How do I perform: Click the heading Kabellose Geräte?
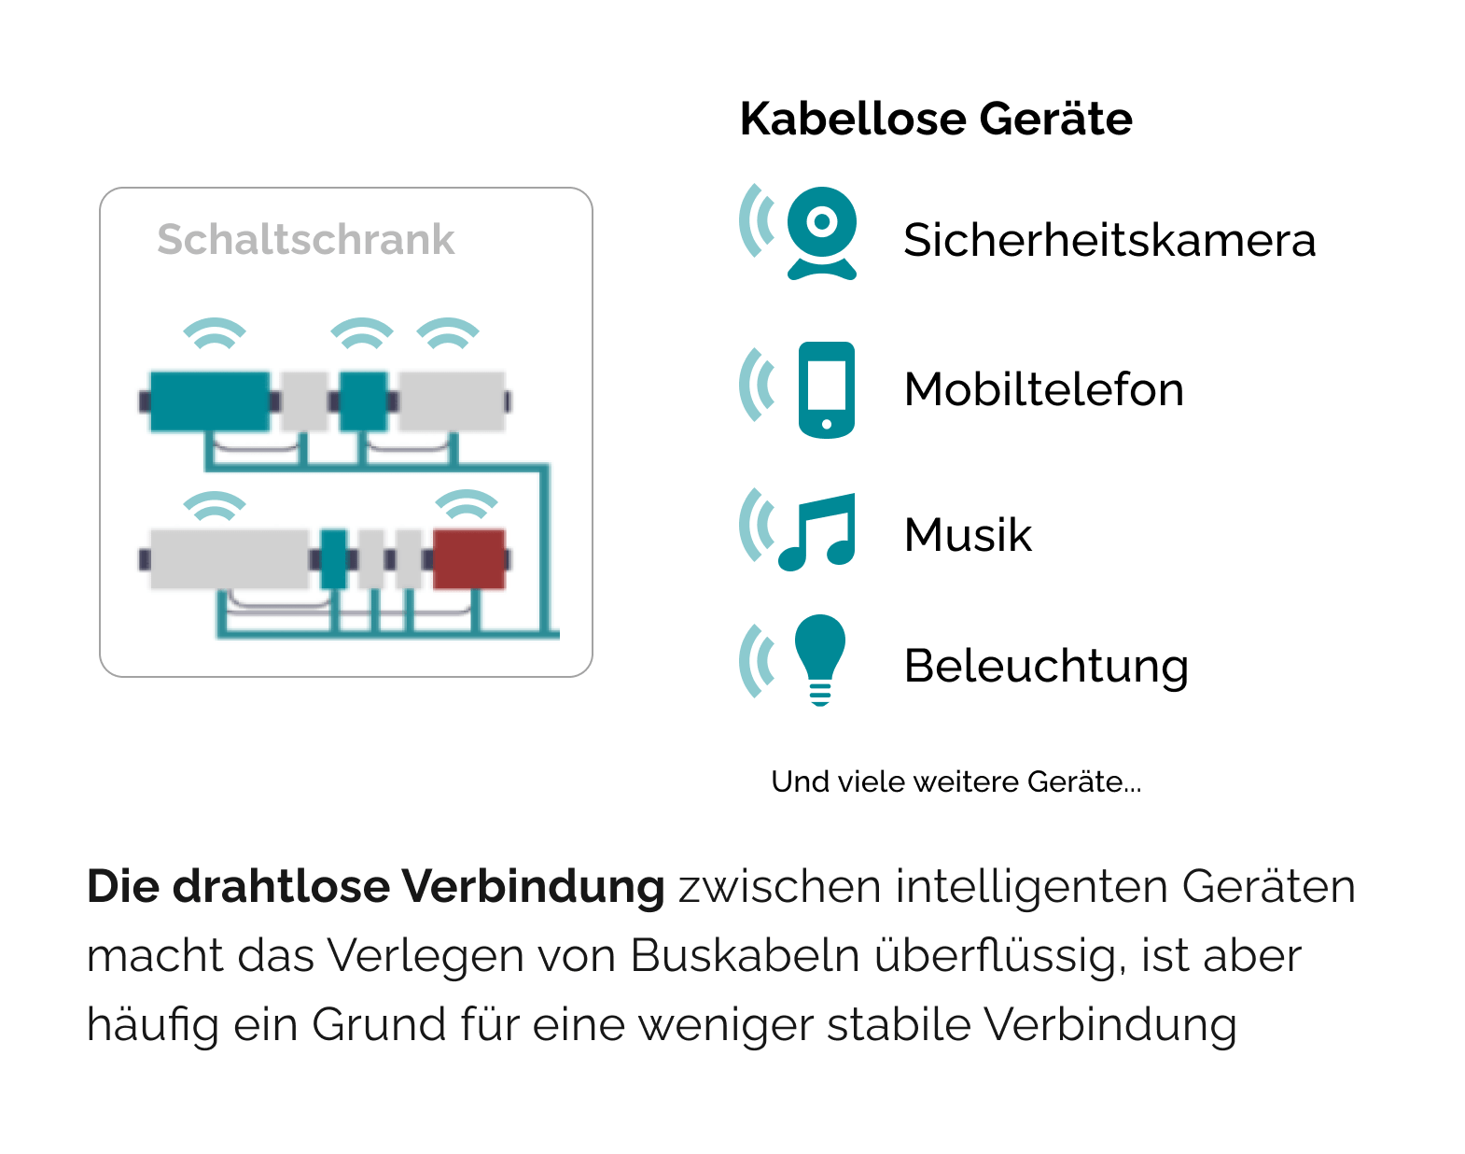pyautogui.click(x=936, y=120)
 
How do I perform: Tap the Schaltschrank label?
pyautogui.click(x=306, y=240)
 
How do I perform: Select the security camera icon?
pyautogui.click(x=822, y=232)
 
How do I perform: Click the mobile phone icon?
pyautogui.click(x=827, y=389)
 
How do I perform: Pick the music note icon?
pyautogui.click(x=816, y=531)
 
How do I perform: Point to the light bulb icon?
pyautogui.click(x=820, y=660)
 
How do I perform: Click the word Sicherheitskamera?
pyautogui.click(x=1109, y=240)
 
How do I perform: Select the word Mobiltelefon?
pyautogui.click(x=1044, y=389)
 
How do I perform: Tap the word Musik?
pyautogui.click(x=969, y=535)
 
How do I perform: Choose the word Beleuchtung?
pyautogui.click(x=1046, y=667)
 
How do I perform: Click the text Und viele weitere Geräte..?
pyautogui.click(x=956, y=781)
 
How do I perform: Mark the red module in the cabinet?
pyautogui.click(x=469, y=559)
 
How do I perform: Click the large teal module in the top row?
pyautogui.click(x=210, y=401)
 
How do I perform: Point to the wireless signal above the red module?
pyautogui.click(x=467, y=503)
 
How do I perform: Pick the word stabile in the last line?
pyautogui.click(x=900, y=1024)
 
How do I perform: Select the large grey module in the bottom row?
pyautogui.click(x=230, y=559)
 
